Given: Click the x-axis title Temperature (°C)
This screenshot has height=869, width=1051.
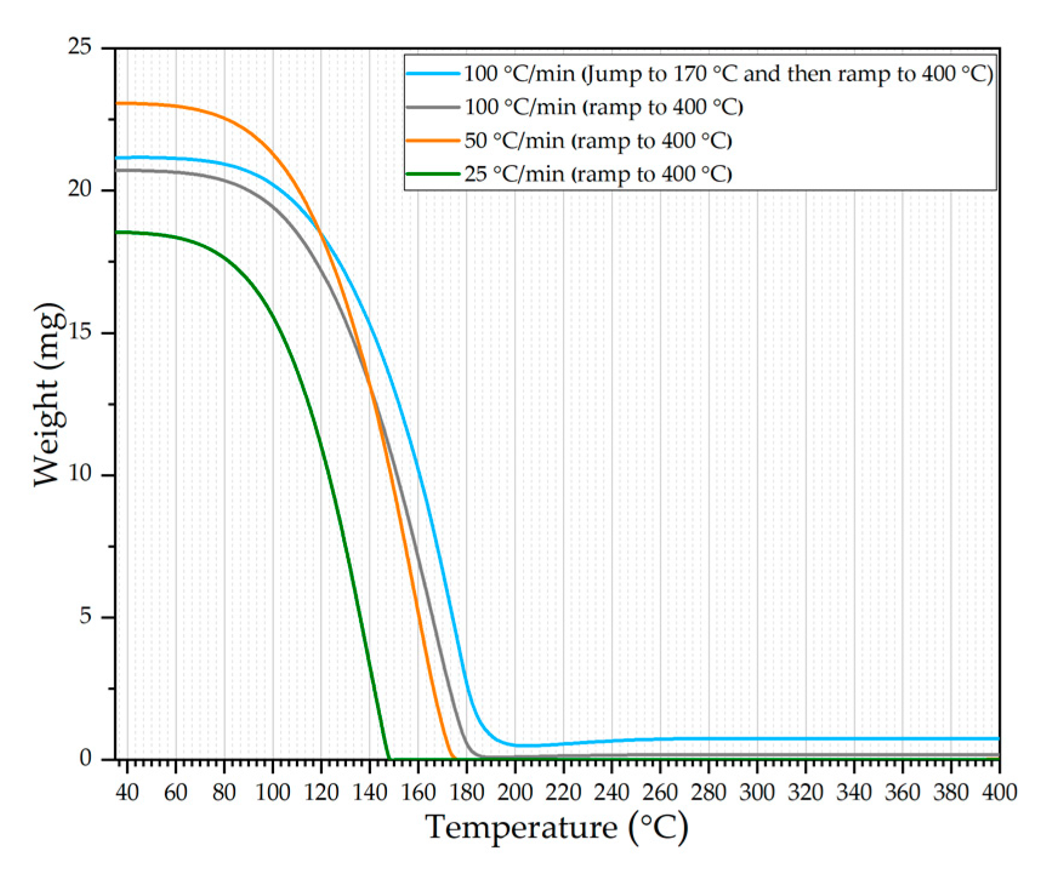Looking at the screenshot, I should [557, 827].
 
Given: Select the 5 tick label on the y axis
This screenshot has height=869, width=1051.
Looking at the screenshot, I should [86, 617].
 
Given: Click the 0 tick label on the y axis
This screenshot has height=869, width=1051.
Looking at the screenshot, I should [86, 759].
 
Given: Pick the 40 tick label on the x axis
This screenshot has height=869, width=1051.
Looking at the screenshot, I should [127, 791].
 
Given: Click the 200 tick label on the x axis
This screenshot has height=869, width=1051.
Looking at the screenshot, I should [515, 791].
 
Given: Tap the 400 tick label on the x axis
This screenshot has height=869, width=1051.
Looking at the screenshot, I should [998, 791].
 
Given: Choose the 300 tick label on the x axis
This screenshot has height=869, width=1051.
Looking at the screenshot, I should [757, 791].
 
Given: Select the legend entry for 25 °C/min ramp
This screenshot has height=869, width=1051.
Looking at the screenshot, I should [598, 174].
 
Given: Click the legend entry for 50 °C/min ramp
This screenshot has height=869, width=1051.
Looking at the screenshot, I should [598, 141].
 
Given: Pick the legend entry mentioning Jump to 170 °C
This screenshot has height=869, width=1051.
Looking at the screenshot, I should [728, 74].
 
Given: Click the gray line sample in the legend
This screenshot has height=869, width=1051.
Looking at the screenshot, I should [432, 107].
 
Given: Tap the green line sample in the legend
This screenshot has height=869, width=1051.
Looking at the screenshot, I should [432, 174].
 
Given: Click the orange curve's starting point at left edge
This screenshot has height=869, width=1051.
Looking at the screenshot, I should [118, 103].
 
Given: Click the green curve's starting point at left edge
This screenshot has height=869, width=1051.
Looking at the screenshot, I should [118, 232].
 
